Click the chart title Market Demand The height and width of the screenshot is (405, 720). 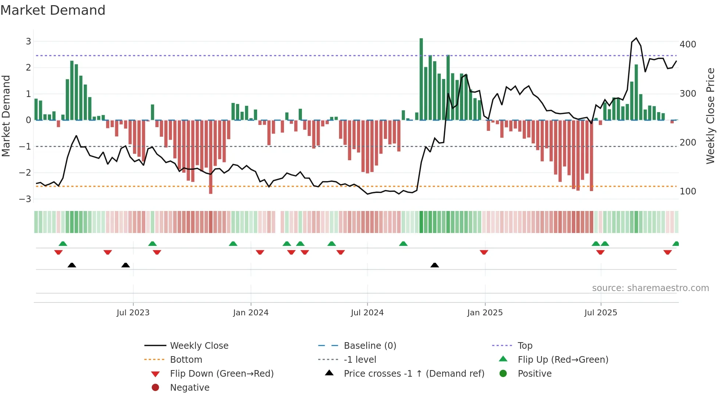(53, 10)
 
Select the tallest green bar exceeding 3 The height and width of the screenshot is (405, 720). (421, 79)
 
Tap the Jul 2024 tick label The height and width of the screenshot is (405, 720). (367, 313)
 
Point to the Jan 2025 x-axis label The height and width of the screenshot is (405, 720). (485, 313)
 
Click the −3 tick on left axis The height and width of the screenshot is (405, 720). (25, 199)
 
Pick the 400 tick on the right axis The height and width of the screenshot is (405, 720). (688, 44)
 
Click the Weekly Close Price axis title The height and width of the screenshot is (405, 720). (710, 116)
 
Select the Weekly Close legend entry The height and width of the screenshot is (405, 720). (199, 346)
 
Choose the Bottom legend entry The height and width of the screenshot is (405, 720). (186, 360)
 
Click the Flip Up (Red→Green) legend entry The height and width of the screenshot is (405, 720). (563, 360)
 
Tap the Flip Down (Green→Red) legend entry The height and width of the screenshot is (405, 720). (222, 374)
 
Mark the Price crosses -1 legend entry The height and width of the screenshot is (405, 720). (414, 374)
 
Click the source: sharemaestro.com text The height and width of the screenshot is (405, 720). (650, 288)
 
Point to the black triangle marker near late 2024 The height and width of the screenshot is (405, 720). (435, 265)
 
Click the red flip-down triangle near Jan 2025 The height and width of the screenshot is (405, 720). (484, 252)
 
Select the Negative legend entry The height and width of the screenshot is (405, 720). (190, 388)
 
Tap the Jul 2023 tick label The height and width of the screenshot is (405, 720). (133, 313)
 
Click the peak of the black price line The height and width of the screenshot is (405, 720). (636, 38)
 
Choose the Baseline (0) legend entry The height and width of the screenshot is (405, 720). (370, 346)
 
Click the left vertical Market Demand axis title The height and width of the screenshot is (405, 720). (6, 116)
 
